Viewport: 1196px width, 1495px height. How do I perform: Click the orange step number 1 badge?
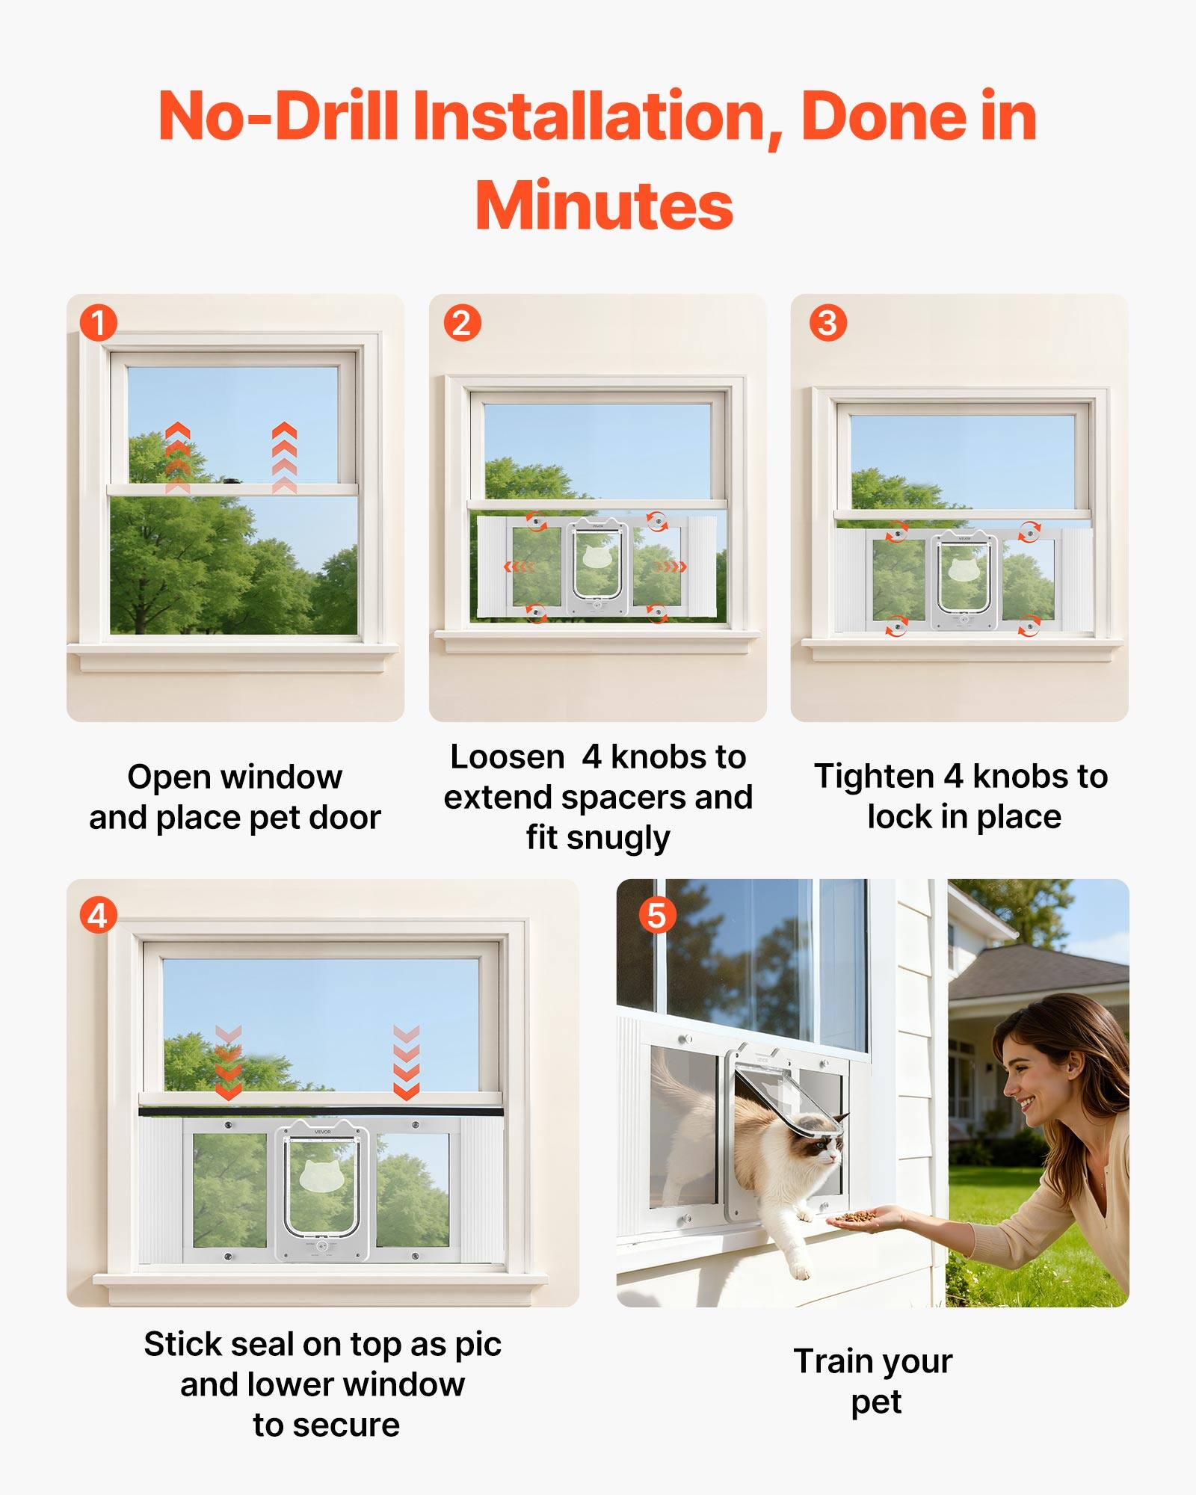[x=99, y=324]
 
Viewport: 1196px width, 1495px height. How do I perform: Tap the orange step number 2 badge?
[x=462, y=324]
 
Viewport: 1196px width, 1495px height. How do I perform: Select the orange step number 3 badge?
[x=827, y=324]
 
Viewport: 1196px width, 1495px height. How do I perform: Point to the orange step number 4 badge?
[x=99, y=916]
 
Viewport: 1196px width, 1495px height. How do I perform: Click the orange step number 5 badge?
[x=657, y=916]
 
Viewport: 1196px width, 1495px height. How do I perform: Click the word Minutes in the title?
[x=604, y=206]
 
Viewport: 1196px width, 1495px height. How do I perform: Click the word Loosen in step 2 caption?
[x=507, y=757]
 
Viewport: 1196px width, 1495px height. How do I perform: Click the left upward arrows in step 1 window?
[x=177, y=456]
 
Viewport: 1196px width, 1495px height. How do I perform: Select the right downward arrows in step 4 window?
[x=406, y=1061]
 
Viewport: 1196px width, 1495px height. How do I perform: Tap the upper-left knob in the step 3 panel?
[x=896, y=534]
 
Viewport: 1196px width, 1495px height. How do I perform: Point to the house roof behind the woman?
[x=1046, y=972]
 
